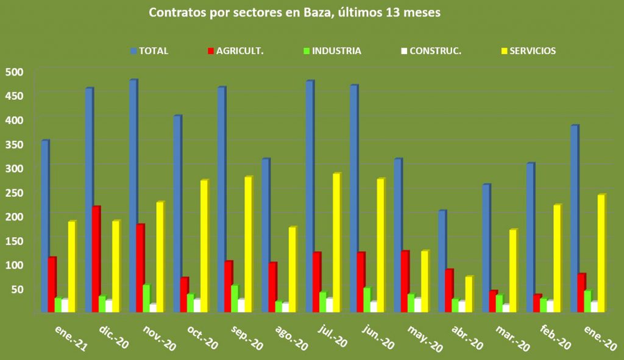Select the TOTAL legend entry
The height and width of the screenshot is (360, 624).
[x=149, y=51]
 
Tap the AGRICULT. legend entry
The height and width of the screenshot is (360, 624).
[x=235, y=51]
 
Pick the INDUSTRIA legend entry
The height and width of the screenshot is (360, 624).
[x=331, y=51]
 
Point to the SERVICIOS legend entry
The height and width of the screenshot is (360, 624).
[x=528, y=51]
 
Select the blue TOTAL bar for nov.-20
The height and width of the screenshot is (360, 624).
[x=133, y=195]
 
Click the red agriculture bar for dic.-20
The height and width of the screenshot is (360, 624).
[x=96, y=259]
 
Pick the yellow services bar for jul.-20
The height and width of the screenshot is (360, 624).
[x=336, y=242]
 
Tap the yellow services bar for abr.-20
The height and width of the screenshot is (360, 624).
[x=468, y=294]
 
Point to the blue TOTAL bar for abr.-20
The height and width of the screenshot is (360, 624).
[x=442, y=261]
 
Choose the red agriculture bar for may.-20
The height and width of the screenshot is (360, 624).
[x=405, y=281]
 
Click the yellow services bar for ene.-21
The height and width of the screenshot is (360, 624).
[x=71, y=266]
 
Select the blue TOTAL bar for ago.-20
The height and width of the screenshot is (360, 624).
[x=265, y=235]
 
